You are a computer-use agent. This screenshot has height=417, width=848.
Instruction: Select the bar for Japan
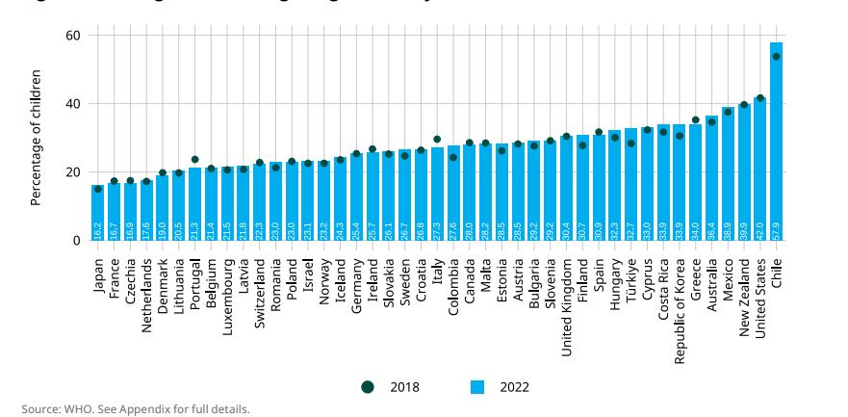click(98, 213)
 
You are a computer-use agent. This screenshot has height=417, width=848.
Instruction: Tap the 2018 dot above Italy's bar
click(437, 140)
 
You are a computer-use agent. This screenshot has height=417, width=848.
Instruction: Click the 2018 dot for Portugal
click(194, 160)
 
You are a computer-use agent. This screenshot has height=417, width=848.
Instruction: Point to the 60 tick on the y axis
click(72, 36)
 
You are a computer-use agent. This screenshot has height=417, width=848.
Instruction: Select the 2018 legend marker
click(368, 387)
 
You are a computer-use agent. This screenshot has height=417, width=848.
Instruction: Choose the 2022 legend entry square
click(475, 387)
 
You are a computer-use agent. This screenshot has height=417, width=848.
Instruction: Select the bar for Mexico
click(728, 173)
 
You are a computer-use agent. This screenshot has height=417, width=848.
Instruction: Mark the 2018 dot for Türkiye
click(630, 143)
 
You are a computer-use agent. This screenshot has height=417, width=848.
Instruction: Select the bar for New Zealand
click(744, 171)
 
